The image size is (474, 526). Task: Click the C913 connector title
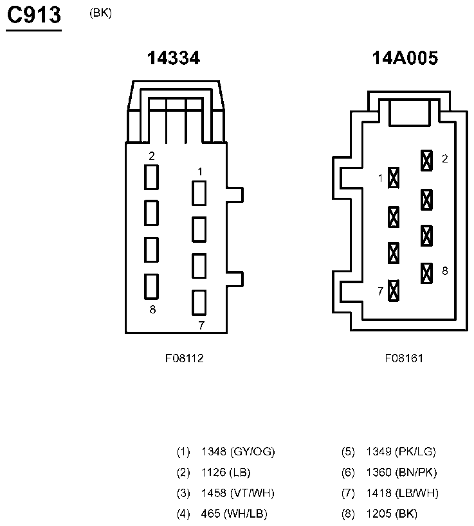point(33,15)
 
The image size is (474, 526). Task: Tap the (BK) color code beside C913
point(101,13)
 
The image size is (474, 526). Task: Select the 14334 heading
point(174,58)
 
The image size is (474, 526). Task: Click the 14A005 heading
point(405,58)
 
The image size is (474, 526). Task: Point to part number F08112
point(184,358)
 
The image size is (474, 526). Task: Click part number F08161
point(404,358)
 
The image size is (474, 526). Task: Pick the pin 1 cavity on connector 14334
point(199,193)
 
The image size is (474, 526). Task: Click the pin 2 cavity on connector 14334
point(151,177)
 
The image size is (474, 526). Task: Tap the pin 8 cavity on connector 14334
point(151,286)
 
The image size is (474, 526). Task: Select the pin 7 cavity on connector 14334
point(199,302)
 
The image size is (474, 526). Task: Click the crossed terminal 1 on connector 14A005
point(394,177)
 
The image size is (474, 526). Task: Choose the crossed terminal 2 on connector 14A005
point(426,160)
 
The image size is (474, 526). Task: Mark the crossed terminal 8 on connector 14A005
point(426,273)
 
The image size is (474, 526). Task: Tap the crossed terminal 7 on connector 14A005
point(394,290)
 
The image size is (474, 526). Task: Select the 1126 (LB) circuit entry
point(225,473)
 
